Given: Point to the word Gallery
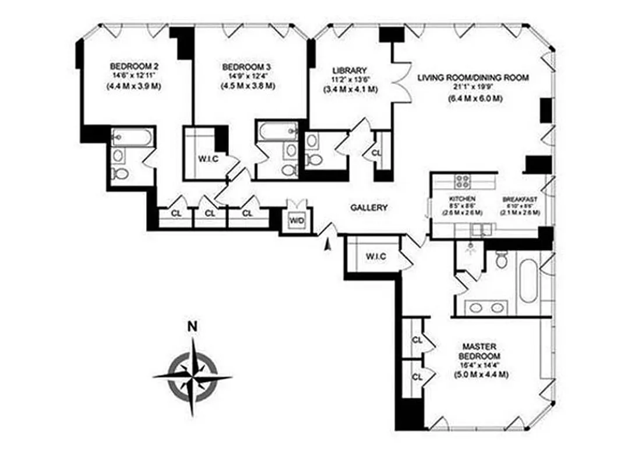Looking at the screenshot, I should pyautogui.click(x=369, y=207).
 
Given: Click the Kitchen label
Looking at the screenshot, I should pyautogui.click(x=459, y=199).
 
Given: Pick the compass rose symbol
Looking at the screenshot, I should pyautogui.click(x=192, y=376).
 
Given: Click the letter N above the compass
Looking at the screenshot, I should pyautogui.click(x=192, y=327).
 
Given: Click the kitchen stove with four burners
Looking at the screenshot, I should pyautogui.click(x=463, y=182).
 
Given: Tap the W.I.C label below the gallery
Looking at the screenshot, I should pyautogui.click(x=373, y=256).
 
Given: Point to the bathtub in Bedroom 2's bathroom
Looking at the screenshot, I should pyautogui.click(x=133, y=137).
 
